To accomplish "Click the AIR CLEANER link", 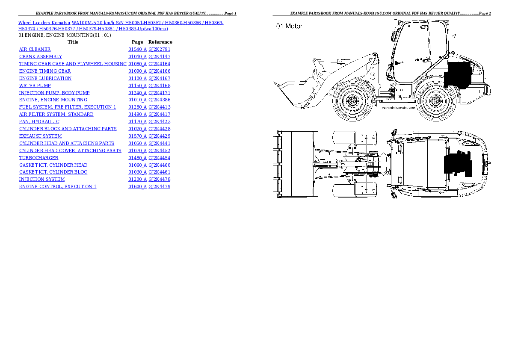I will (x=35, y=49).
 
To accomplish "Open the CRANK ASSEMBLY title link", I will (x=41, y=56).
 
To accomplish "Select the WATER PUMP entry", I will (x=35, y=86).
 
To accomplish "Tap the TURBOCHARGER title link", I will (x=39, y=158).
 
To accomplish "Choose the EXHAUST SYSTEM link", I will (x=41, y=136).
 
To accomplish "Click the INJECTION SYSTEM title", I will (x=42, y=179).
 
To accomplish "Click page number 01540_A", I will (x=137, y=49).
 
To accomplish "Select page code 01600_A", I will (x=137, y=186).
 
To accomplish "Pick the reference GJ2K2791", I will (x=159, y=49).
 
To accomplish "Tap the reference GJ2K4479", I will (x=159, y=186).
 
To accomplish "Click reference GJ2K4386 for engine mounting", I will (x=159, y=100).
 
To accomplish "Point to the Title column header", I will (x=73, y=42).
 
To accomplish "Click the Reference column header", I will (x=160, y=42).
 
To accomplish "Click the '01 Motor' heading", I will (x=289, y=26).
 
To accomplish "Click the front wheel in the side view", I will (x=352, y=101).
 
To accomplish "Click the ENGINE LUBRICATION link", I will (x=45, y=78).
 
